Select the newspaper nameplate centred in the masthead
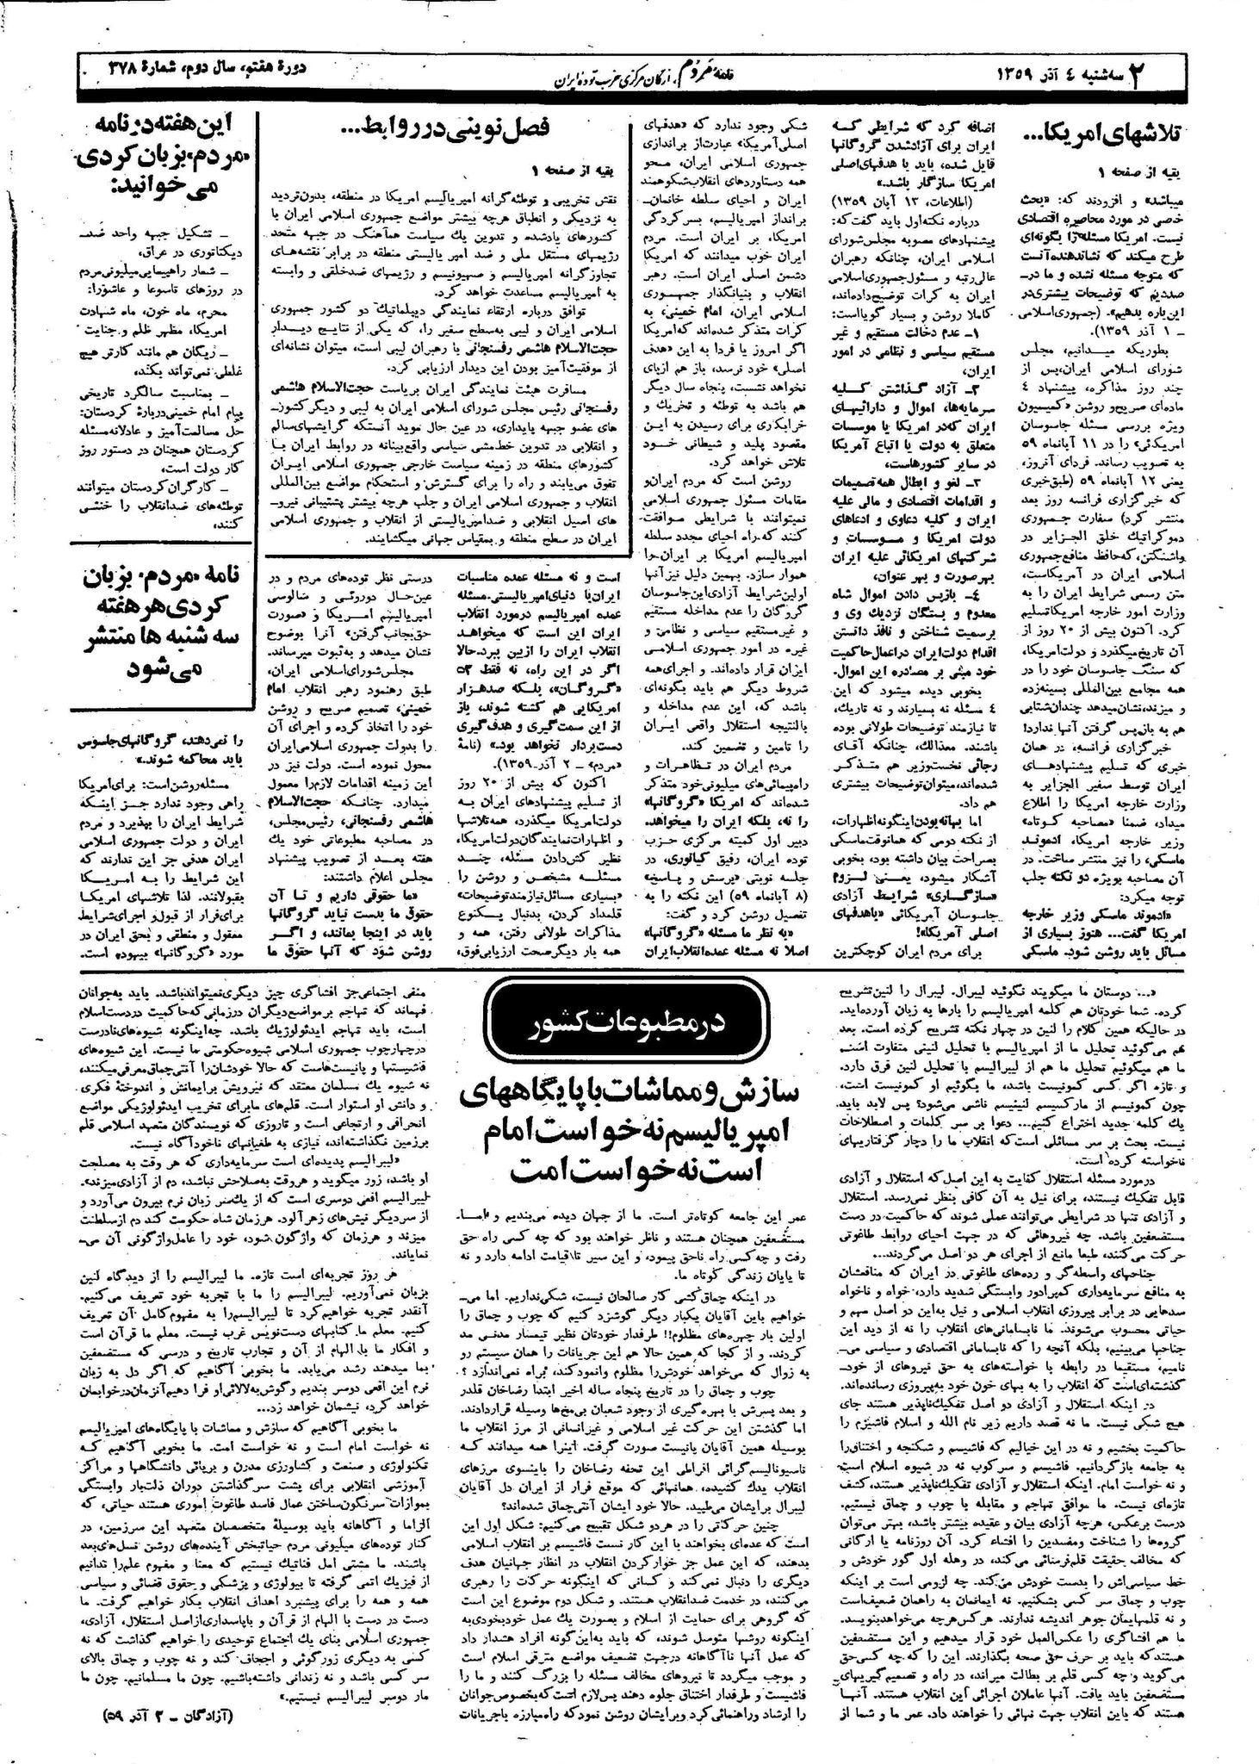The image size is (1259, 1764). point(629,76)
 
